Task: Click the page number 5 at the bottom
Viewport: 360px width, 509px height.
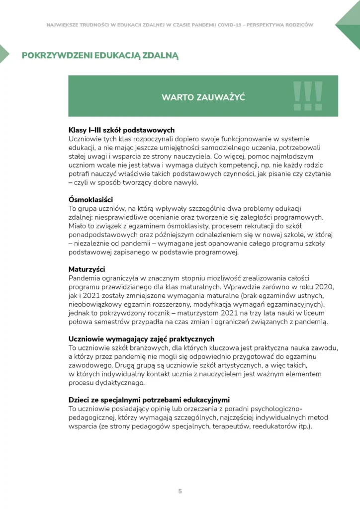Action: (x=180, y=491)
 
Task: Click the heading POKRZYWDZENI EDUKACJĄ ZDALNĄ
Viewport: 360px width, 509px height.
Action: (x=99, y=55)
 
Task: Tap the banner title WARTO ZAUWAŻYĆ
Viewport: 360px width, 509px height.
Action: (x=203, y=97)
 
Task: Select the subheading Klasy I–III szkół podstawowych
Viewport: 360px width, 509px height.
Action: (x=121, y=130)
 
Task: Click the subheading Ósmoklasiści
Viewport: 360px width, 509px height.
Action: (x=90, y=200)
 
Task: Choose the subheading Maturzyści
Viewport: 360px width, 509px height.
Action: (x=87, y=269)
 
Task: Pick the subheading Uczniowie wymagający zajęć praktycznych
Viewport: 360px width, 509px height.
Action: (x=141, y=339)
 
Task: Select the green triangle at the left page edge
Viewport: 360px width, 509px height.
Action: (x=3, y=54)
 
